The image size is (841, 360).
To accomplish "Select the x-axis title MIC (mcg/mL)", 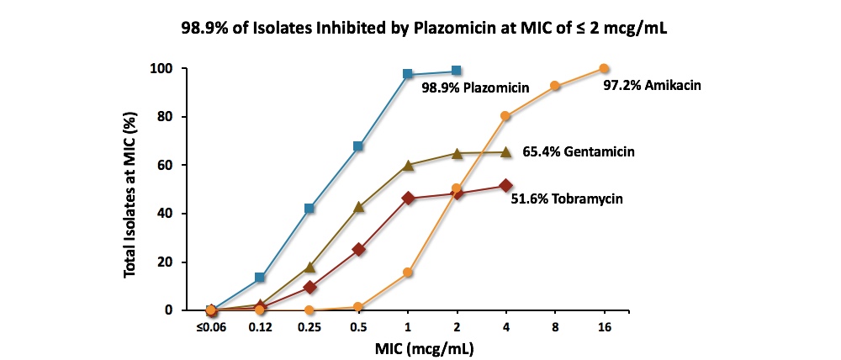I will pos(408,348).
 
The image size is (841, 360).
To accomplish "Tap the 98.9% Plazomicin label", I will pos(476,87).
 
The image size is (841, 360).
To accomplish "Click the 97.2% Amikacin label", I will pos(653,85).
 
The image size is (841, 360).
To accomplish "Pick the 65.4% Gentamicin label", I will pos(578,151).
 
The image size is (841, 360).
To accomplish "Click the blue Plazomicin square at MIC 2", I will pos(457,71).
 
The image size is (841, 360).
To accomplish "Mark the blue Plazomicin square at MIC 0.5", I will pos(358,146).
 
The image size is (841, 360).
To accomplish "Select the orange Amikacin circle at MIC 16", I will pos(604,68).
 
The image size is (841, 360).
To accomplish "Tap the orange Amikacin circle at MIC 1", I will pos(408,273).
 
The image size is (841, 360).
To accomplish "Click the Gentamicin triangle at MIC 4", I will pos(505,152).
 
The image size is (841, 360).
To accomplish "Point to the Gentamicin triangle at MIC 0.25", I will pos(309,267).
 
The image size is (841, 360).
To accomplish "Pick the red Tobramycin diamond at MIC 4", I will pos(505,186).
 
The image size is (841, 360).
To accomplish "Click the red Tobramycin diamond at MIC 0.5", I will pos(358,249).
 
